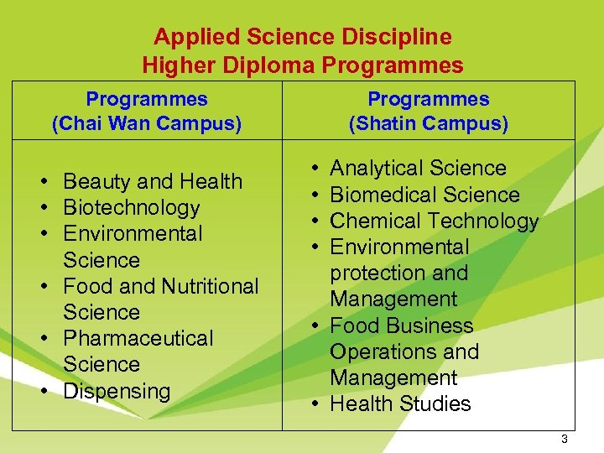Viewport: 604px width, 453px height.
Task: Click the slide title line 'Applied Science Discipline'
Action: coord(302,38)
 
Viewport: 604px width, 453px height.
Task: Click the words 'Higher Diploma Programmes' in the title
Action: coord(302,65)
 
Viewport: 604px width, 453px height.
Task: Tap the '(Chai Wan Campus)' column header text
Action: coord(147,125)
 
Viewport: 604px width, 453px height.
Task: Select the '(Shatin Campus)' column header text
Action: coord(428,125)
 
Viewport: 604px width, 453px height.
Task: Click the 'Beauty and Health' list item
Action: coord(153,181)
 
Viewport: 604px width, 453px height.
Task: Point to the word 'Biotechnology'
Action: coord(132,207)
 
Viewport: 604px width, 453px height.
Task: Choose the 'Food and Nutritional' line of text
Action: coord(161,286)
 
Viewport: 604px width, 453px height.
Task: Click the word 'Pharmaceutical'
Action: coord(138,338)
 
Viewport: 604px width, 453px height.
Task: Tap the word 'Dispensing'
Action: coord(117,391)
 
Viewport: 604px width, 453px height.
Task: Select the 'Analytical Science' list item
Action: coord(418,169)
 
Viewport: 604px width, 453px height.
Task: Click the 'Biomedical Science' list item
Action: coord(424,195)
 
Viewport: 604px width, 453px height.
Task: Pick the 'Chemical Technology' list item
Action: coord(434,221)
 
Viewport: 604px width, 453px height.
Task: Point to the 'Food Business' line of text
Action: coord(401,325)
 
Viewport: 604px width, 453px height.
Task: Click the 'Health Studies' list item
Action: coord(400,404)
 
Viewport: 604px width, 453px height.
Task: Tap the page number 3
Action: coord(565,440)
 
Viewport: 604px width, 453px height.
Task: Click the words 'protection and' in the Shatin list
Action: coord(398,273)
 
